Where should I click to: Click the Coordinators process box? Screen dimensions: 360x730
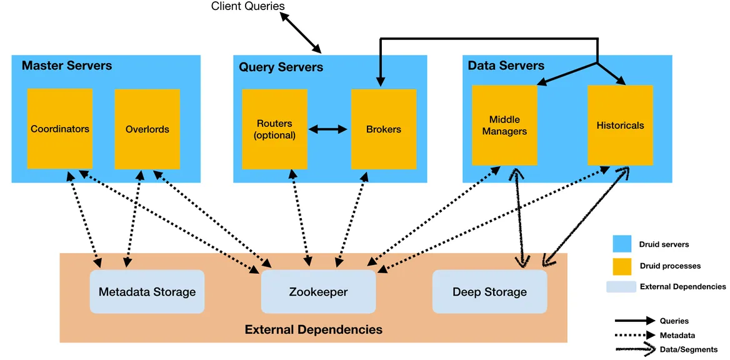click(60, 128)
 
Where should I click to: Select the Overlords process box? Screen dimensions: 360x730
click(147, 129)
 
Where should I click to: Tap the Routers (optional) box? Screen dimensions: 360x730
click(274, 129)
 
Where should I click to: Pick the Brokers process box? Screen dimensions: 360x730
click(383, 129)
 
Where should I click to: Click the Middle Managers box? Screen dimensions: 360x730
click(504, 125)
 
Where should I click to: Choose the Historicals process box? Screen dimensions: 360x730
click(620, 125)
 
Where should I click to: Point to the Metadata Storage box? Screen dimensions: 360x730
click(147, 291)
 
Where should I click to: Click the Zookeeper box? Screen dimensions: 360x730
click(318, 291)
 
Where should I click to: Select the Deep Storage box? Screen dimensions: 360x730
click(489, 291)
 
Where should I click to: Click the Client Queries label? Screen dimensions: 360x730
click(247, 6)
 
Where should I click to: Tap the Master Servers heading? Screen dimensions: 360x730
click(67, 66)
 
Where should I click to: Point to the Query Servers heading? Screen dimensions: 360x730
click(281, 67)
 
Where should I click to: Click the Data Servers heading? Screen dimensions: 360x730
click(506, 66)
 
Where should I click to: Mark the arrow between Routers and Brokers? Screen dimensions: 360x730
click(329, 129)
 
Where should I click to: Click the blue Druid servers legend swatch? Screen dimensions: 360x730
click(622, 244)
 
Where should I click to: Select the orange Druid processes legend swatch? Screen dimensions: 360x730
click(622, 266)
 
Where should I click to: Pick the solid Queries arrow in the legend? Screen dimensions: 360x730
click(635, 321)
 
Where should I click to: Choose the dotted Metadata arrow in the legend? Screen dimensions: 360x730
click(635, 335)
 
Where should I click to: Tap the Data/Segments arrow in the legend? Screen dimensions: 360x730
click(635, 349)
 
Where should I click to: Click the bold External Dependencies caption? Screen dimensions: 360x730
click(313, 329)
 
